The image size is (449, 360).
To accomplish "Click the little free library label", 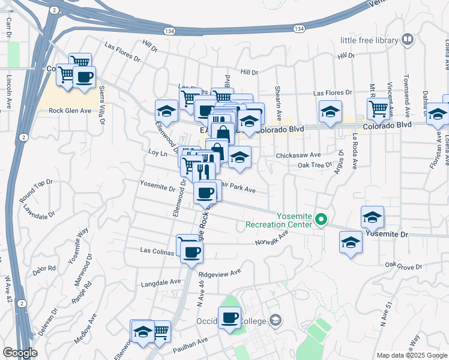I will [x=369, y=40].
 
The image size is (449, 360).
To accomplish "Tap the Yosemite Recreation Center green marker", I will [x=321, y=220].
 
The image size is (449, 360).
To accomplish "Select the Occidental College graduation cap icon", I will [x=275, y=320].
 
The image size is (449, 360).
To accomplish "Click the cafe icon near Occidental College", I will [x=229, y=317].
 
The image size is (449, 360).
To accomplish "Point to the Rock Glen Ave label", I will [x=70, y=110].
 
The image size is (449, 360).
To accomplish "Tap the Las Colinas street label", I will [x=157, y=250].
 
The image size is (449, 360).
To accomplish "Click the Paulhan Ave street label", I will [x=191, y=344].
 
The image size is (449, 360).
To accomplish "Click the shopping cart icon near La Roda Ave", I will [x=378, y=108].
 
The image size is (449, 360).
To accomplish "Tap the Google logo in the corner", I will [x=19, y=353].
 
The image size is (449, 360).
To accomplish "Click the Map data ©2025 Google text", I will [x=412, y=355].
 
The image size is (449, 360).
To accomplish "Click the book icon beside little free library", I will [x=408, y=40].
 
